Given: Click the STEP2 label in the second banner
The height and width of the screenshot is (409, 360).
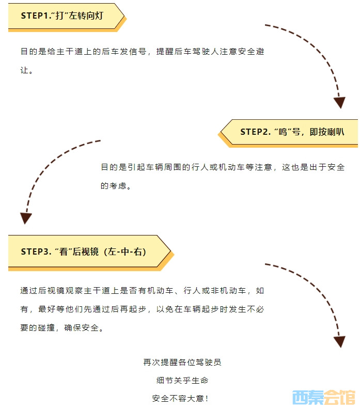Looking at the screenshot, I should (x=256, y=132).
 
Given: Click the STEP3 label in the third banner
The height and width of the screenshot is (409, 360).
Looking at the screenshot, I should (x=36, y=251).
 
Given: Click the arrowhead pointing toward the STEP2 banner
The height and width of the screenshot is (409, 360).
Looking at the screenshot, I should (x=339, y=102).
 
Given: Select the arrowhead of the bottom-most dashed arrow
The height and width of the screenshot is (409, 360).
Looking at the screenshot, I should (x=339, y=341).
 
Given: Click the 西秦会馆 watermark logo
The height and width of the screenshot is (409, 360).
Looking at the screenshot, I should (x=324, y=397).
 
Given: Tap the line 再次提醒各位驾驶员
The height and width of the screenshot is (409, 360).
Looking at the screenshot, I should (x=182, y=363).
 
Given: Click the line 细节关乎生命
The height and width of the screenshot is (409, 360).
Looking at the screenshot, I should (x=182, y=381).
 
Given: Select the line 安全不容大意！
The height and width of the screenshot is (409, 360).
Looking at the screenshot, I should (x=181, y=399).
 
